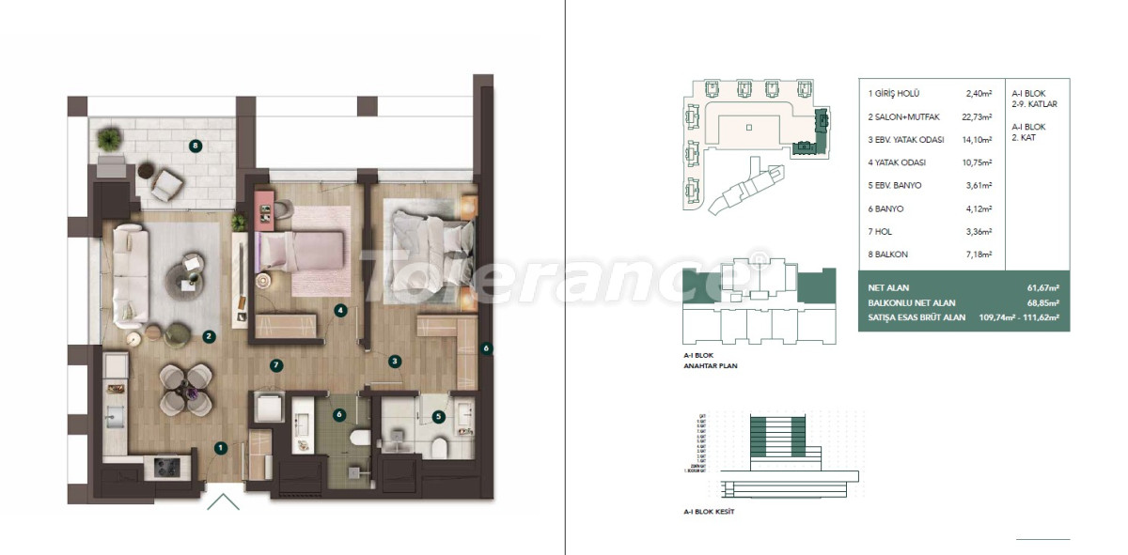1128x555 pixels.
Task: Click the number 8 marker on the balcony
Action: tap(196, 146)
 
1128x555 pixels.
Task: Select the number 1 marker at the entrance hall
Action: tap(219, 449)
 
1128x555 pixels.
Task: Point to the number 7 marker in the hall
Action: tap(275, 364)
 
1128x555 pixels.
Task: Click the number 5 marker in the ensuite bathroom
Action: tap(438, 416)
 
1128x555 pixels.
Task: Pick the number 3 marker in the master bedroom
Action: tap(395, 360)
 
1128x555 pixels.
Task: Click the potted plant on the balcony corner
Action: tap(109, 140)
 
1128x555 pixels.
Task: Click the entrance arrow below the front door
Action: tap(223, 502)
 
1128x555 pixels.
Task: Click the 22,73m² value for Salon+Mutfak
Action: tap(979, 116)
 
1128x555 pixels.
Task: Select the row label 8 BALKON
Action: tap(888, 254)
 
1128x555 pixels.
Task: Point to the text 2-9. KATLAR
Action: tap(1034, 104)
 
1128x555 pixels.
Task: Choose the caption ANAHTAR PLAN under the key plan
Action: tap(710, 365)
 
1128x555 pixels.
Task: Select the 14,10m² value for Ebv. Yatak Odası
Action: tap(979, 140)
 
